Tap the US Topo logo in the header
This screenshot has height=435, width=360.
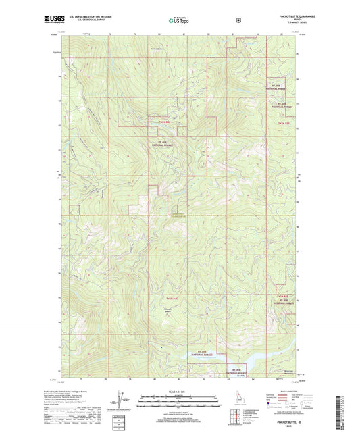pos(179,20)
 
